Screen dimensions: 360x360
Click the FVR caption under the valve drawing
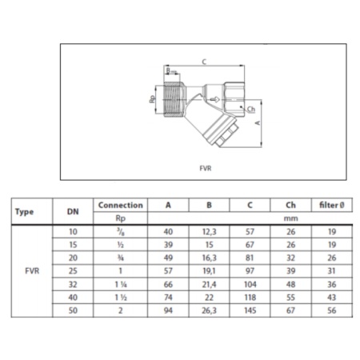[206, 168]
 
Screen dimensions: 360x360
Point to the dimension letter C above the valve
[204, 62]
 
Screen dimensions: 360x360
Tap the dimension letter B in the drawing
[168, 70]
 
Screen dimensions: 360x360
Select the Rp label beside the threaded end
[152, 99]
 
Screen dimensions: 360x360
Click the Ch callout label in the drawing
[251, 109]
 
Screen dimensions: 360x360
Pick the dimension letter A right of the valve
[258, 123]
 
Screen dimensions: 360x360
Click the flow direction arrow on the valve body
[214, 100]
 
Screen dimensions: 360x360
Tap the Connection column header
[121, 205]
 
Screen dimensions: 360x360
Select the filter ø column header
[332, 205]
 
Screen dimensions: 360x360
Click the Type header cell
[24, 212]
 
